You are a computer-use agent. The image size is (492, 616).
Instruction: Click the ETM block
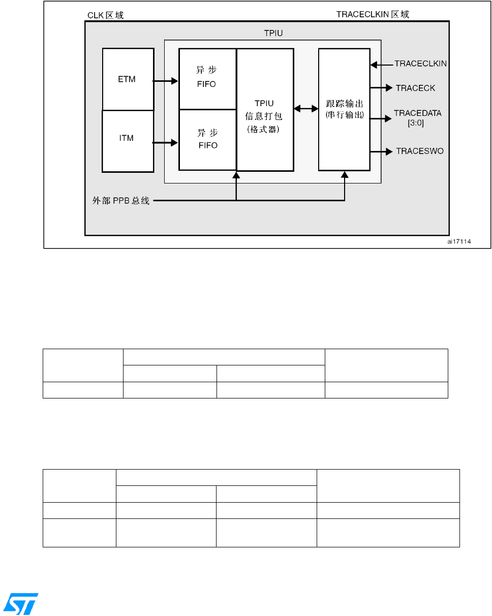[x=128, y=79]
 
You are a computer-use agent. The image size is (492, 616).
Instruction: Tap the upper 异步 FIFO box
[x=207, y=79]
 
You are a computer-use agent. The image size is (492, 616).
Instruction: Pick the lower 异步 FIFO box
[x=207, y=139]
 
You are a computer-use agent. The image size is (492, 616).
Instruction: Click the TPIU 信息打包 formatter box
[x=265, y=110]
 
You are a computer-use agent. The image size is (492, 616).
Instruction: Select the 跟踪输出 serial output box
[x=344, y=110]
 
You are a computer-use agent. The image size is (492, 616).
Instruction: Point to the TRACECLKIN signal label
[x=421, y=64]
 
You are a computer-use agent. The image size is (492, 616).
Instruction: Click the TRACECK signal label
[x=415, y=88]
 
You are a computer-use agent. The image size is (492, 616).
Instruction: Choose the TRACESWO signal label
[x=420, y=151]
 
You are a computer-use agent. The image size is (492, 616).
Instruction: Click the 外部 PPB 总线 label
[x=117, y=201]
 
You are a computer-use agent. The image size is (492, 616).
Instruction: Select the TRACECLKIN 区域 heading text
[x=373, y=15]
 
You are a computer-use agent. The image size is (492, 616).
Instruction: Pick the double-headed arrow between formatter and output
[x=306, y=108]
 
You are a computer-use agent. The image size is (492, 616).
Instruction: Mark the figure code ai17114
[x=459, y=242]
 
